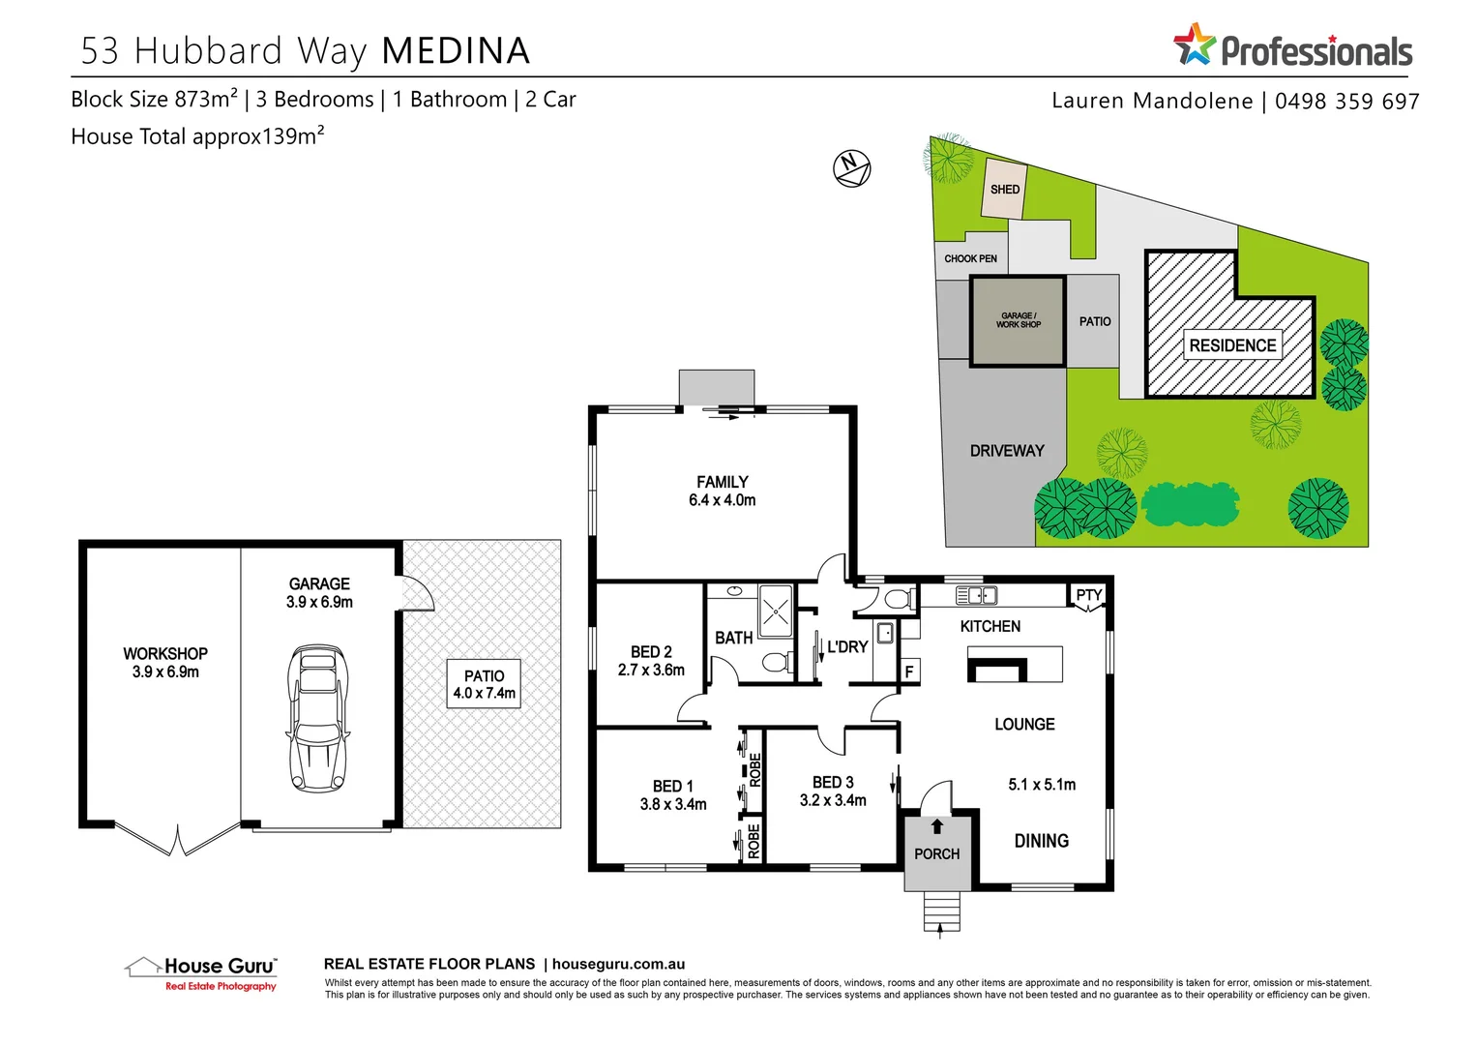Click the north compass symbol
coord(851,167)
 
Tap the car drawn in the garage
coord(317,717)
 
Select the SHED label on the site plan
coord(1005,189)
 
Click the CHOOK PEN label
coord(970,258)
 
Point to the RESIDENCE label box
coord(1232,345)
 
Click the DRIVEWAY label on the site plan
coord(1007,451)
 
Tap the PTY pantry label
coord(1089,595)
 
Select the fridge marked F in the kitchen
coord(909,672)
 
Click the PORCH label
coord(936,854)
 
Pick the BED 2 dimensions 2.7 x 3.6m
coord(651,670)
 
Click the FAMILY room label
coord(722,482)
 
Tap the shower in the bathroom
coord(775,611)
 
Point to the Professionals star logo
coord(1195,45)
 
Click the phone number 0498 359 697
coord(1346,102)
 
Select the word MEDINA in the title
coord(456,51)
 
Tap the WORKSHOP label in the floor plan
coord(165,654)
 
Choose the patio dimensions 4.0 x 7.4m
coord(484,693)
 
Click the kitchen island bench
coord(1015,665)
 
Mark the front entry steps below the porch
coord(941,911)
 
